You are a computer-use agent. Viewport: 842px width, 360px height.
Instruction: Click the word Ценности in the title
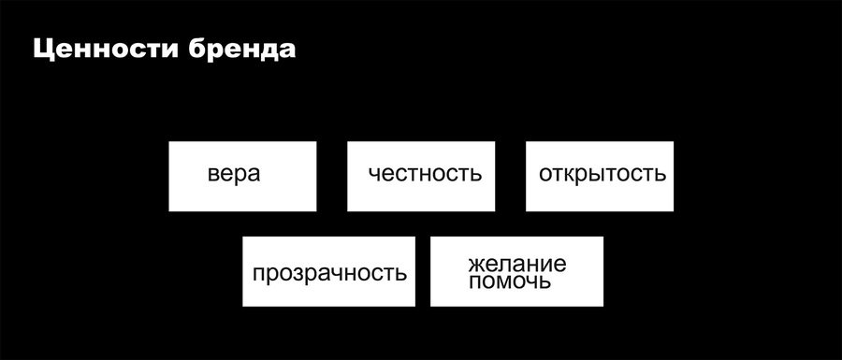click(106, 50)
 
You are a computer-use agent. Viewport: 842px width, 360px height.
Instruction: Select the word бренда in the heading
click(242, 49)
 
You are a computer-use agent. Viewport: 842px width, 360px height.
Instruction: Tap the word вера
click(234, 175)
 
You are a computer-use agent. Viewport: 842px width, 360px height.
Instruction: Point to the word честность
click(425, 174)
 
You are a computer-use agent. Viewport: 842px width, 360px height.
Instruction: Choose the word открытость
click(602, 174)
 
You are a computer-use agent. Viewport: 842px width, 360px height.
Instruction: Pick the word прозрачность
click(329, 274)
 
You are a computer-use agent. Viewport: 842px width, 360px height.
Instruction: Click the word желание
click(517, 264)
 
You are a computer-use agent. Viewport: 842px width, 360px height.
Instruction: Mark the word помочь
click(510, 281)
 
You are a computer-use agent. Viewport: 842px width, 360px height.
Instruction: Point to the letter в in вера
click(213, 175)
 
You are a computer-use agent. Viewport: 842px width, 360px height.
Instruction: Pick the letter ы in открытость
click(604, 175)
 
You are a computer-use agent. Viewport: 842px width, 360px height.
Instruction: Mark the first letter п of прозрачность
click(258, 275)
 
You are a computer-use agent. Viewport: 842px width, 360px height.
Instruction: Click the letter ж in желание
click(477, 264)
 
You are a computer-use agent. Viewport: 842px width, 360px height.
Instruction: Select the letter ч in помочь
click(530, 282)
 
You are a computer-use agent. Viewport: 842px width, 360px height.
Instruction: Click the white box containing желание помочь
click(516, 271)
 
